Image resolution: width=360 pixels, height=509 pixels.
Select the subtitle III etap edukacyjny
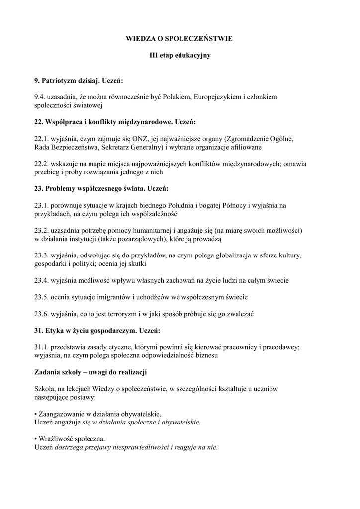pos(180,55)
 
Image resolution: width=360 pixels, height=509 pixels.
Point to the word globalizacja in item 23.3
pos(229,255)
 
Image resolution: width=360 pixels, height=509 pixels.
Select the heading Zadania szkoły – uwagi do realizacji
pos(90,372)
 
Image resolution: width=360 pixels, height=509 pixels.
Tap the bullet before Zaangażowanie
pos(36,414)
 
